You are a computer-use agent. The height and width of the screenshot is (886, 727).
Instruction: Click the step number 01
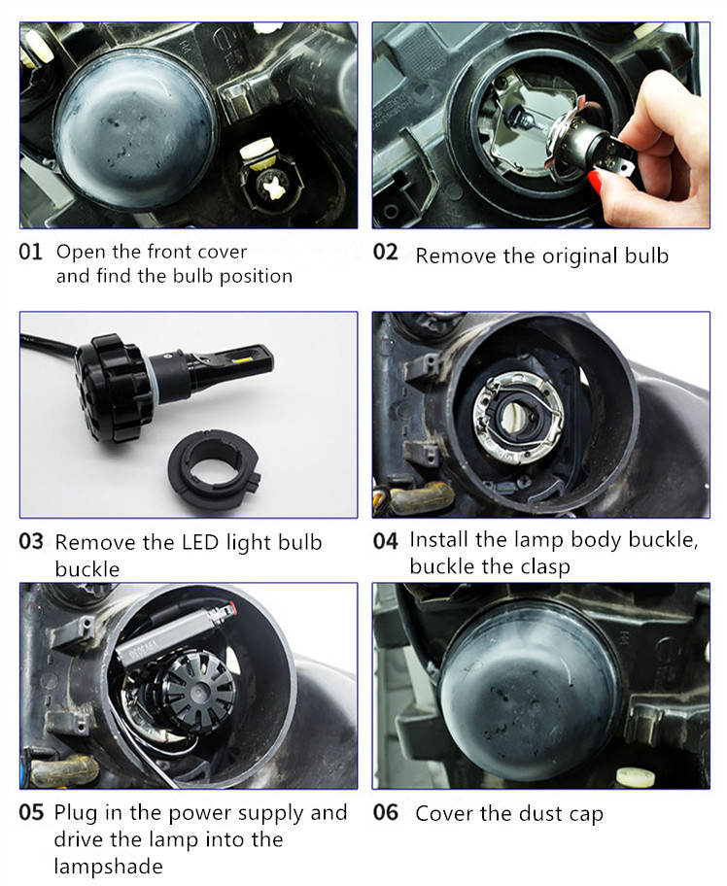click(30, 252)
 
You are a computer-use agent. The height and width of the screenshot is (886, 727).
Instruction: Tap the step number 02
click(385, 252)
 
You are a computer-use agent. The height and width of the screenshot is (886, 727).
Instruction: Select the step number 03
click(31, 541)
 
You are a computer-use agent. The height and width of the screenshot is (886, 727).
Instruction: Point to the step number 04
click(385, 541)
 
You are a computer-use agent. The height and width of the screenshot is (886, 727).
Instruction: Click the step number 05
click(31, 812)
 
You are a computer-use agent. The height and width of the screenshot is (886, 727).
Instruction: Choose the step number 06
click(386, 812)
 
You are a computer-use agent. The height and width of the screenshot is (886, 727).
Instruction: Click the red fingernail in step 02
click(595, 183)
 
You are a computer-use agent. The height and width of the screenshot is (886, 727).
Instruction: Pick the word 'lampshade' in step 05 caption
click(108, 866)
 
